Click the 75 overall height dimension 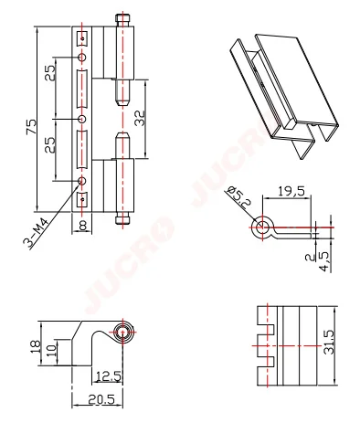coord(31,127)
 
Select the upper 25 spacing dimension coord(50,73)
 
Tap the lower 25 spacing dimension coord(50,144)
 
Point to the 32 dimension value coord(140,118)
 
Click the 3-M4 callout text coord(36,235)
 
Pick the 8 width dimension coord(82,226)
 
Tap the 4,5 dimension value coord(324,261)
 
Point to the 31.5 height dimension coord(329,343)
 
